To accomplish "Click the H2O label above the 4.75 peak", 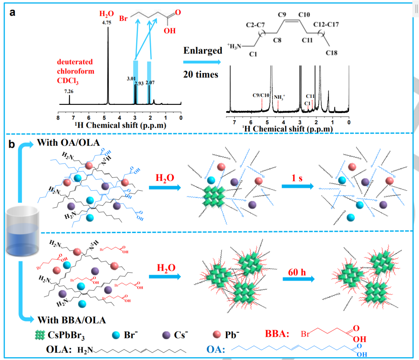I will tap(107, 14).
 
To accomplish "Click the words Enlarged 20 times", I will tap(203, 62).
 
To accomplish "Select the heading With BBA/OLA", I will tap(72, 320).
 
